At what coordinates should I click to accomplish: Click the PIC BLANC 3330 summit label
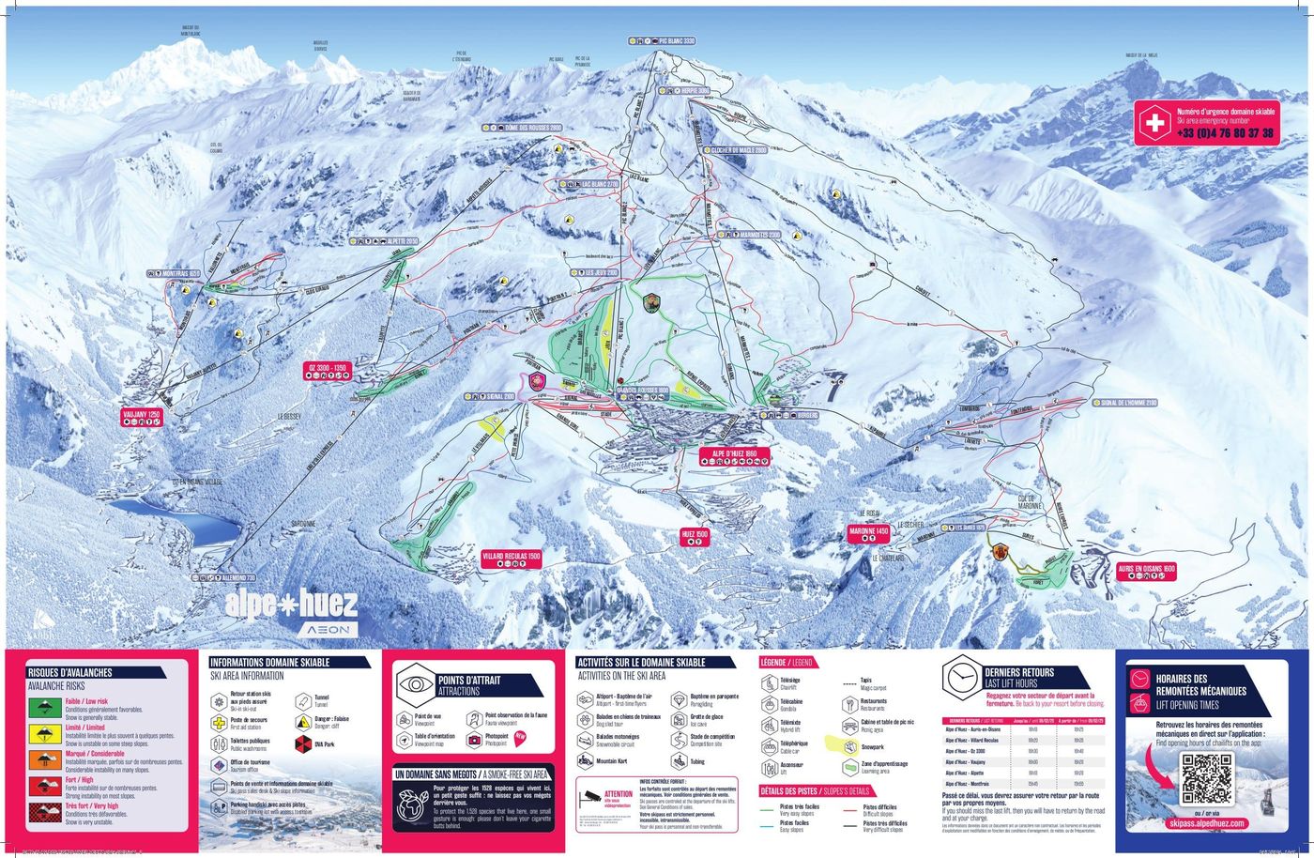coord(676,41)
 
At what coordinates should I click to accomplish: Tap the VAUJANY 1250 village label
coord(142,413)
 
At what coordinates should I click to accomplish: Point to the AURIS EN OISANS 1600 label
coord(1146,569)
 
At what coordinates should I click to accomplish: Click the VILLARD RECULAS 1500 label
coord(512,556)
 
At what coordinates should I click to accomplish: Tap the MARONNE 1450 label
coord(868,531)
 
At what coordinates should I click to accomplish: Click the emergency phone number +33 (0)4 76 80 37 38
coord(1225,133)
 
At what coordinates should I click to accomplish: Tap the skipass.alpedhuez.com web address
coord(1209,823)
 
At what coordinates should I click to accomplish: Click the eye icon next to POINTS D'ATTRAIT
coord(414,683)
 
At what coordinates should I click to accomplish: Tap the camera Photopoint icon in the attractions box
coord(475,740)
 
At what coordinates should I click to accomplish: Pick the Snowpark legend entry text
coord(873,747)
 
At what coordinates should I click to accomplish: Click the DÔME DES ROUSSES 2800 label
coord(532,128)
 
